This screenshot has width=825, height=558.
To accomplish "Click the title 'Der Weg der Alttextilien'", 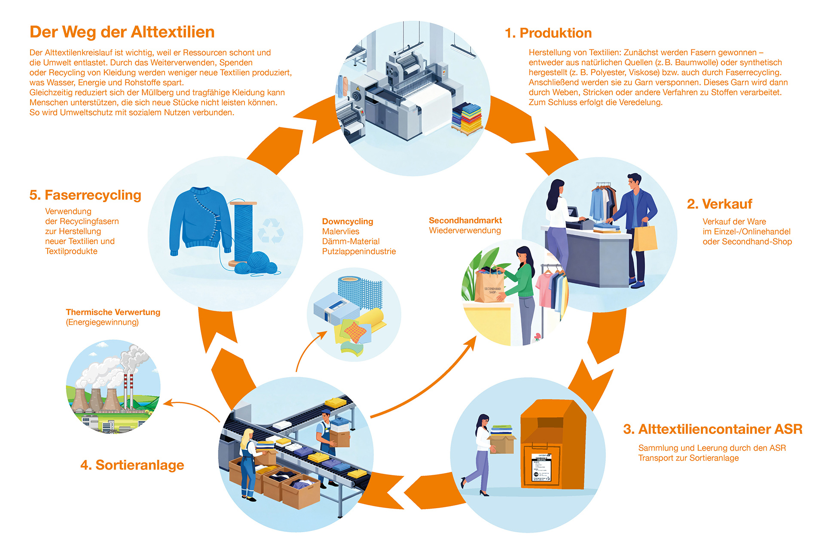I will (x=122, y=32).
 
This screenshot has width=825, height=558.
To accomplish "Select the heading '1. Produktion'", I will (x=548, y=33).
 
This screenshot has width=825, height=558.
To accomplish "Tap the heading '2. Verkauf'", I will (x=719, y=204).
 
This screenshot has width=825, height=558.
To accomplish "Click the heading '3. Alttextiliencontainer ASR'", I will (x=712, y=429).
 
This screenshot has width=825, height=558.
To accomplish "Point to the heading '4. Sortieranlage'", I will (x=132, y=465).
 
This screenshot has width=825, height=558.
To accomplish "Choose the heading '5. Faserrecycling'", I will (x=85, y=195).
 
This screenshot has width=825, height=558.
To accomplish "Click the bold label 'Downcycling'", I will (x=348, y=221).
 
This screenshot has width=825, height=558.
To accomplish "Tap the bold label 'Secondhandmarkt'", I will (x=465, y=220).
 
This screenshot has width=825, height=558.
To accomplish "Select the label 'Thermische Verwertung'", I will (x=113, y=312).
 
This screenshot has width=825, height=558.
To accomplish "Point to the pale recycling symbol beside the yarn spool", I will (x=271, y=230).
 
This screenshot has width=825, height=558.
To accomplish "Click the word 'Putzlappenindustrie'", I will (x=359, y=252).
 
